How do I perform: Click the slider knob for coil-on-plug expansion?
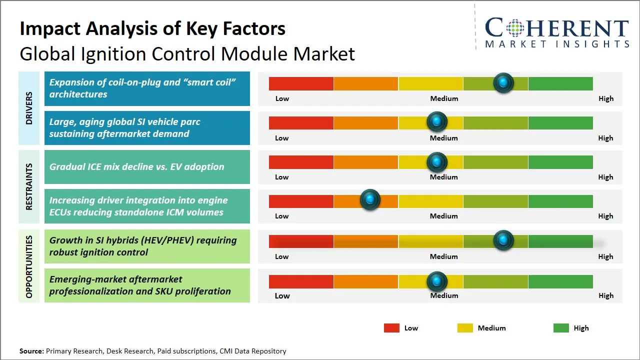[503, 83]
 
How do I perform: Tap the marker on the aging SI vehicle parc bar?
[437, 121]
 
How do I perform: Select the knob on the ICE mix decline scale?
[437, 161]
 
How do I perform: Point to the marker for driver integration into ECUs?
[370, 200]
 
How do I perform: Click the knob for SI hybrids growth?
[503, 240]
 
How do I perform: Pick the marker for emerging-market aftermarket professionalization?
[437, 281]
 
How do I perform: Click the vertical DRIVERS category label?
[29, 108]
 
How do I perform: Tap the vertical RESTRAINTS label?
[29, 186]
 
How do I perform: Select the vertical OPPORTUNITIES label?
[29, 267]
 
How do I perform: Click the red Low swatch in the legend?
[391, 328]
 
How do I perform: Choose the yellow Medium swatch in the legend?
[465, 328]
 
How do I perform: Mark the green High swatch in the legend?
[561, 328]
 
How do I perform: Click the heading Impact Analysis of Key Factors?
[152, 29]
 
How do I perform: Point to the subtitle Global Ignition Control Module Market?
[187, 53]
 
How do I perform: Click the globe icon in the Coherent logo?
[515, 28]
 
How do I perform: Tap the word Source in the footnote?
[31, 351]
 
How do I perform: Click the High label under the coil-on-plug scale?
[606, 98]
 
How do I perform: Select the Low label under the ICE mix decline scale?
[282, 177]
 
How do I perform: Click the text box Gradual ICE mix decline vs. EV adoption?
[147, 167]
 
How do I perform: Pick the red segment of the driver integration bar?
[301, 201]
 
